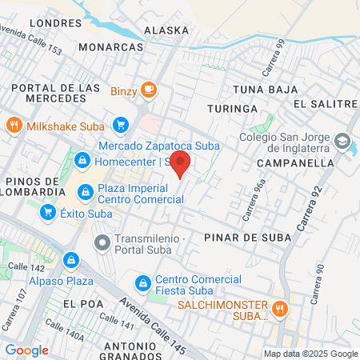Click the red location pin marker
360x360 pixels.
[181, 163]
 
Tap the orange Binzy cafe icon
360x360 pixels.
[148, 90]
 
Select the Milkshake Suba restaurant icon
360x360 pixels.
[14, 126]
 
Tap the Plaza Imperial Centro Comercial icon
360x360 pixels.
[85, 192]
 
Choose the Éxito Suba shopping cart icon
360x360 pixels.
[48, 212]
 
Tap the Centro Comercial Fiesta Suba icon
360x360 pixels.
[143, 282]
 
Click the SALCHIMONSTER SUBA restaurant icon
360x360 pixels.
[279, 308]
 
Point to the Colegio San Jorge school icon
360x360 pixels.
[343, 141]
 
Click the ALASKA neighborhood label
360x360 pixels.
[166, 30]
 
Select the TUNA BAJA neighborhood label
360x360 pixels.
[258, 90]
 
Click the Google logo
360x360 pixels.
[26, 350]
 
